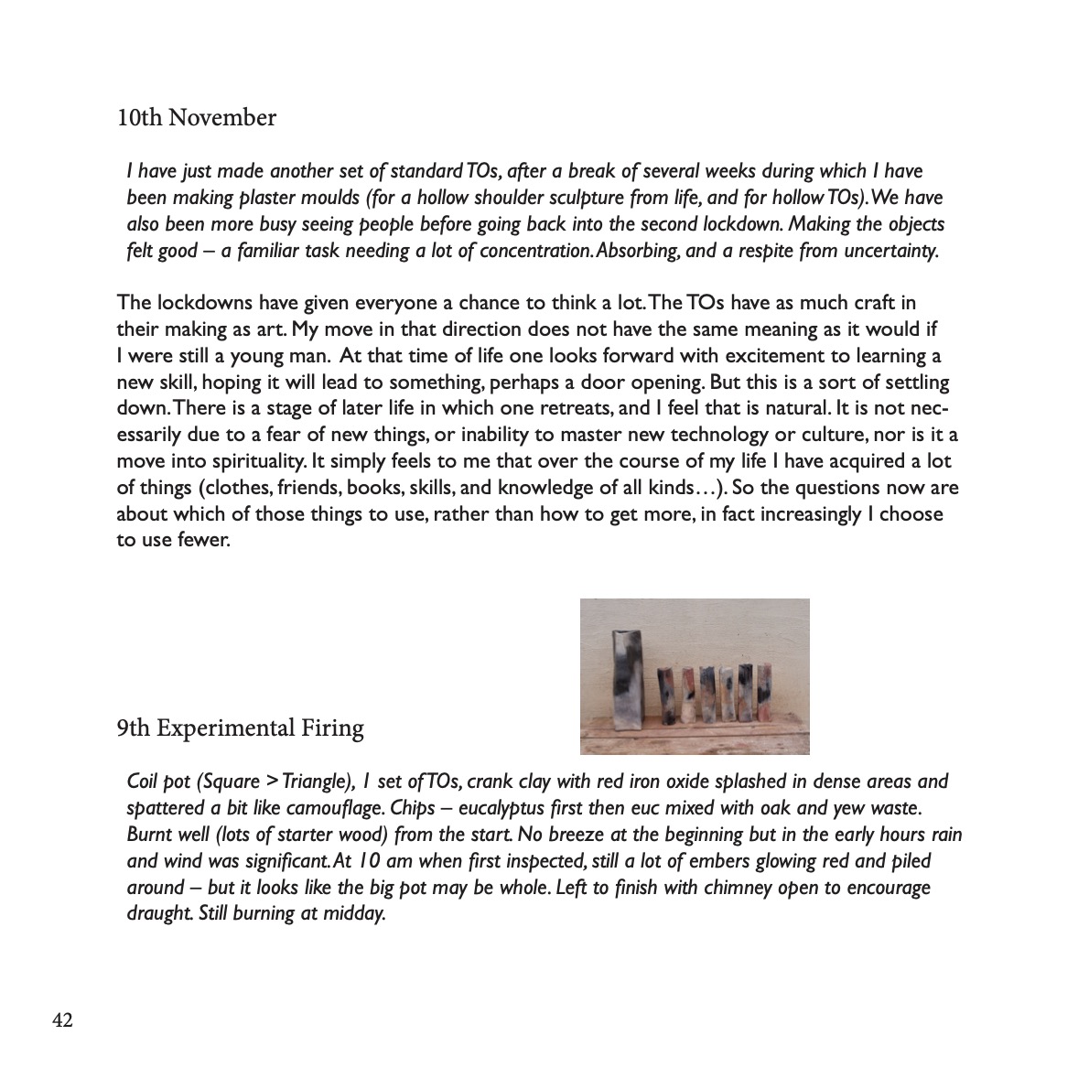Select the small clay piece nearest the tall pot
click(x=665, y=697)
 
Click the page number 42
click(x=62, y=1020)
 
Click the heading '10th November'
click(x=197, y=118)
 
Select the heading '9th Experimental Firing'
click(x=240, y=728)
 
